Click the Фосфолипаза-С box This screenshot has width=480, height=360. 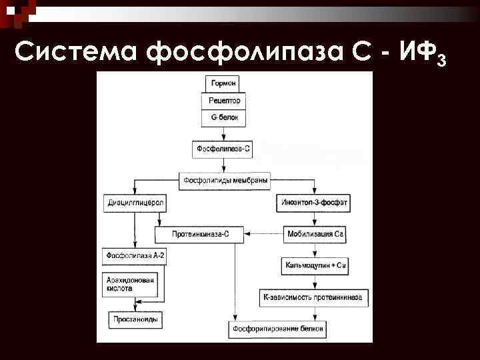tap(223, 149)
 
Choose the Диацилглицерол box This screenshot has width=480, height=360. tap(135, 201)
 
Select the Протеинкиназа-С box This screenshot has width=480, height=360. tap(200, 234)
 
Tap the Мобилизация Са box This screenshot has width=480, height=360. tap(315, 234)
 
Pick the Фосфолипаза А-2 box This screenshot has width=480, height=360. tap(135, 255)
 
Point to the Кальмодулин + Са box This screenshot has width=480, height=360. tap(315, 265)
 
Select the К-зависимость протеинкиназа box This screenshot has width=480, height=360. tap(313, 297)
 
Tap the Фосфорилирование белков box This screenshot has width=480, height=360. tap(278, 329)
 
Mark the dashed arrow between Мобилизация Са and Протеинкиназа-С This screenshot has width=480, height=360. tap(264, 234)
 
